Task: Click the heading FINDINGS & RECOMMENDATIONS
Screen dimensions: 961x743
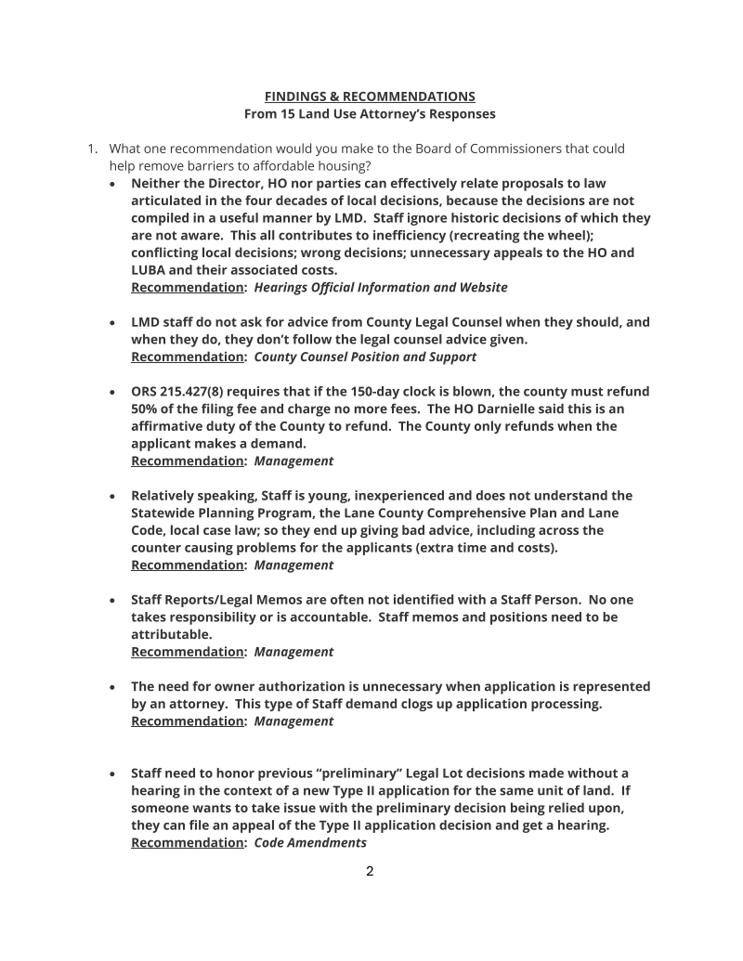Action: (370, 97)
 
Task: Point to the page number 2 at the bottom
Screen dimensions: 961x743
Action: (370, 871)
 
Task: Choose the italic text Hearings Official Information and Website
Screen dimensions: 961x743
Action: (381, 288)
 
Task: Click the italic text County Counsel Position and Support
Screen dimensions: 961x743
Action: (365, 357)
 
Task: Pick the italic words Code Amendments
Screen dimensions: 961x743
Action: (310, 843)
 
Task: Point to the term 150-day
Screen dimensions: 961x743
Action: (416, 392)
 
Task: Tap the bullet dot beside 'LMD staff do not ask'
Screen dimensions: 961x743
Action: (112, 323)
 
